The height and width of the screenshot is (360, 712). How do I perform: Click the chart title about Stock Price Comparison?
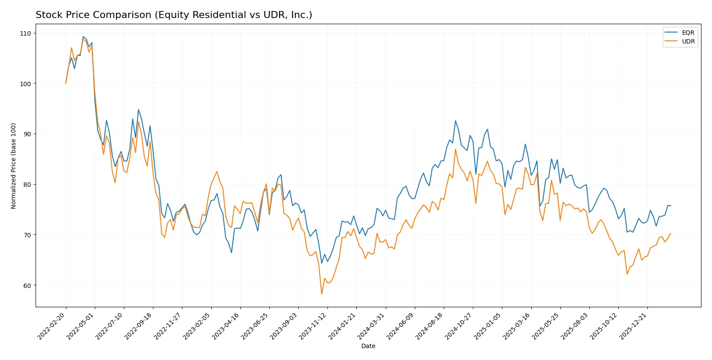[x=174, y=15]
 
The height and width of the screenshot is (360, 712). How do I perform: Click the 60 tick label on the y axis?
[x=27, y=285]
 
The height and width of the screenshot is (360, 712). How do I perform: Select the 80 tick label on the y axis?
[x=27, y=185]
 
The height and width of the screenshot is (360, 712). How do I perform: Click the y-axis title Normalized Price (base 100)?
[x=14, y=166]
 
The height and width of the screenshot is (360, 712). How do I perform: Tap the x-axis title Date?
[x=368, y=346]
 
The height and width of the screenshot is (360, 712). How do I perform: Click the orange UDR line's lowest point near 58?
[x=322, y=294]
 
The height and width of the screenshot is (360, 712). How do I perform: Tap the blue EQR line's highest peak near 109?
[x=83, y=36]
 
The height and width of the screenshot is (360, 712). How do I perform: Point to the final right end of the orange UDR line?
[x=670, y=233]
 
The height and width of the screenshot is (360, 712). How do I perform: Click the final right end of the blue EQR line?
[x=670, y=206]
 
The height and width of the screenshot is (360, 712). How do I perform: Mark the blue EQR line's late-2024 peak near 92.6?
[x=455, y=120]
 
